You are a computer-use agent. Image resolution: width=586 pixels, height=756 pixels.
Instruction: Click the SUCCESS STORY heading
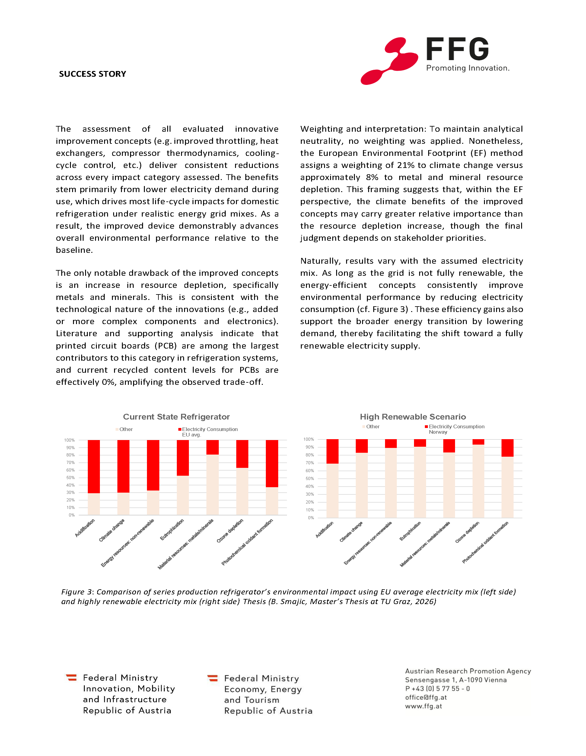(92, 74)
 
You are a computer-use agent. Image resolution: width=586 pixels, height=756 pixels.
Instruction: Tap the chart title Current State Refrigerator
(176, 417)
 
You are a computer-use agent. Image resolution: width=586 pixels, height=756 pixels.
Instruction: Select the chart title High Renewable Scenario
(413, 417)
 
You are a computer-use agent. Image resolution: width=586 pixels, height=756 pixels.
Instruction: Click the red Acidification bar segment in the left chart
(94, 466)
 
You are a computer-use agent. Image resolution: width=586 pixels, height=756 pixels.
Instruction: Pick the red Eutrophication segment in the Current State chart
(183, 458)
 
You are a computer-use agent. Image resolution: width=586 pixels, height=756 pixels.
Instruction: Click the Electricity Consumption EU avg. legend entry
(210, 431)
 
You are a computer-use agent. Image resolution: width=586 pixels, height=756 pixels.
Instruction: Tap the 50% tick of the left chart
(70, 478)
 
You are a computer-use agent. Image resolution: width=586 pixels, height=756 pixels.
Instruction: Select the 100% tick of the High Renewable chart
(309, 439)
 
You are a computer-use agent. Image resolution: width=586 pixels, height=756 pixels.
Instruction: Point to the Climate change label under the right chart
(351, 532)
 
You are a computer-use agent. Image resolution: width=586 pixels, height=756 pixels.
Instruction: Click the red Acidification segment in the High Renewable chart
(333, 451)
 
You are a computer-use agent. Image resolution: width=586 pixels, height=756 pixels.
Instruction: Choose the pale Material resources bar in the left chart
(212, 484)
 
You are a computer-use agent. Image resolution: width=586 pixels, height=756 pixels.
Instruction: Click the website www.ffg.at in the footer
(423, 706)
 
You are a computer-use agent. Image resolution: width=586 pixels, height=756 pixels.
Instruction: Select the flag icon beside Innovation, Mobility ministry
(71, 677)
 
